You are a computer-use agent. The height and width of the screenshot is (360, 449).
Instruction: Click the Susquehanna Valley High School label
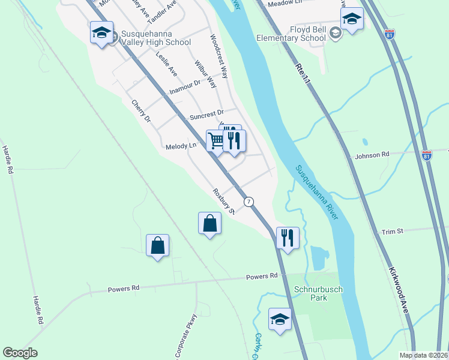(155, 38)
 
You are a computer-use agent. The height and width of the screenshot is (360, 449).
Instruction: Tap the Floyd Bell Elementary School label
(291, 33)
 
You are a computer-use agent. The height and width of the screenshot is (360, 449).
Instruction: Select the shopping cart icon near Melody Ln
(217, 141)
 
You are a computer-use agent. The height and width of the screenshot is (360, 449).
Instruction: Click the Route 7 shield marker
(249, 202)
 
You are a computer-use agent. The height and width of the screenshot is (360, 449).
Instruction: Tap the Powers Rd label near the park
(262, 277)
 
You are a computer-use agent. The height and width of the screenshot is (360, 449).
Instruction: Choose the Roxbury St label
(223, 200)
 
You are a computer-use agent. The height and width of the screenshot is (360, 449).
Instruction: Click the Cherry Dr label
(141, 111)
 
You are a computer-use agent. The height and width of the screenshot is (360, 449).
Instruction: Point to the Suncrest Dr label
(206, 115)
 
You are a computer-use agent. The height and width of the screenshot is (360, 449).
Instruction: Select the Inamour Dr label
(184, 88)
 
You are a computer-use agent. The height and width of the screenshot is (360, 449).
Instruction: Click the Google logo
(20, 353)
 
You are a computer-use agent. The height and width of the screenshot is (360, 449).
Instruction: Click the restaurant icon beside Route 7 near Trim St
(288, 238)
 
